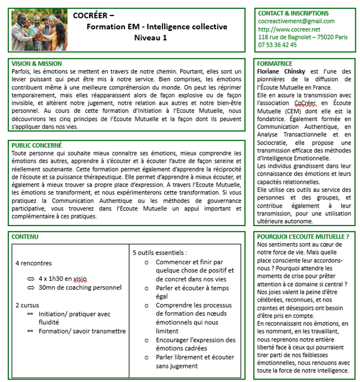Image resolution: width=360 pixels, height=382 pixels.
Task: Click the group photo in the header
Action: pyautogui.click(x=39, y=29)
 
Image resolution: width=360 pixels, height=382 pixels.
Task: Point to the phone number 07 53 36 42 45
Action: pyautogui.click(x=277, y=44)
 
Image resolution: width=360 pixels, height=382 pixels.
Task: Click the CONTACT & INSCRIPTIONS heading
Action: pyautogui.click(x=293, y=12)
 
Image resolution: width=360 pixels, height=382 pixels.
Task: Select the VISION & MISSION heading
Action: pyautogui.click(x=36, y=62)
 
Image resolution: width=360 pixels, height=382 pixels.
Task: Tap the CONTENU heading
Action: pyautogui.click(x=24, y=237)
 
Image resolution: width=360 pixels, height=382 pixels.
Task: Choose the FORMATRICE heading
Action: pyautogui.click(x=274, y=62)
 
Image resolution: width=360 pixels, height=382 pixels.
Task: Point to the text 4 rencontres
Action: pyautogui.click(x=33, y=263)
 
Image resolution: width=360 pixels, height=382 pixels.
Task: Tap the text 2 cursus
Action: pyautogui.click(x=27, y=305)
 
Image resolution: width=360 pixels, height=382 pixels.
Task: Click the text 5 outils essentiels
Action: pyautogui.click(x=159, y=252)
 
